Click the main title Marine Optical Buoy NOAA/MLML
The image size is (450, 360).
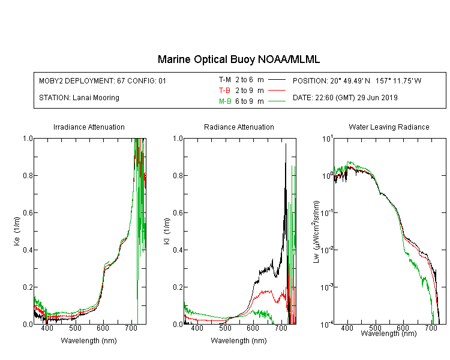pos(238,59)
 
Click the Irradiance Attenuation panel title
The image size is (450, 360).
pos(89,127)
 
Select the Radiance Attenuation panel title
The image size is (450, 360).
pos(239,127)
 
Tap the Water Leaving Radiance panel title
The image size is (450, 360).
pos(389,127)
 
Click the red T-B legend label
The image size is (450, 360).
pos(224,91)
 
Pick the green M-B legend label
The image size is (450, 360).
pos(225,101)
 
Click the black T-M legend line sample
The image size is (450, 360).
pos(277,80)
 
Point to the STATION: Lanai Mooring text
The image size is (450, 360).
pos(79,98)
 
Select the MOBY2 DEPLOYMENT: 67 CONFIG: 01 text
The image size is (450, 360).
pos(103,81)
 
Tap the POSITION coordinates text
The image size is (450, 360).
pos(357,81)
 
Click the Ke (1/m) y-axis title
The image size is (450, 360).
pos(17,231)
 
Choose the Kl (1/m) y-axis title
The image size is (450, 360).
pos(167,231)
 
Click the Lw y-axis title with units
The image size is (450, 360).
pos(316,232)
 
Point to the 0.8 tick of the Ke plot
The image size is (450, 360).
pos(28,175)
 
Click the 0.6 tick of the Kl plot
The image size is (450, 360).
pos(178,213)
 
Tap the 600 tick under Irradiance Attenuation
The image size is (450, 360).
pos(103,328)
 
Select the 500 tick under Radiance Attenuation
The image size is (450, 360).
pos(225,328)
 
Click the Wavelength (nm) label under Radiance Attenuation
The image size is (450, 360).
pos(239,341)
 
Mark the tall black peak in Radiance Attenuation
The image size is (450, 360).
pos(286,145)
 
